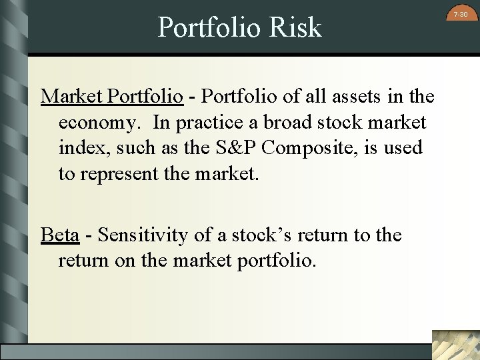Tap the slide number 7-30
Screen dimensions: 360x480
pyautogui.click(x=460, y=14)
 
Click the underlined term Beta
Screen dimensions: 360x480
pyautogui.click(x=60, y=235)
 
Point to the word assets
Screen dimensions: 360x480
pyautogui.click(x=348, y=97)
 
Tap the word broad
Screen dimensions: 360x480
pyautogui.click(x=292, y=123)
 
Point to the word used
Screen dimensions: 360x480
pyautogui.click(x=402, y=147)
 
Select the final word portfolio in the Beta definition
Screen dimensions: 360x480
pyautogui.click(x=275, y=261)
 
